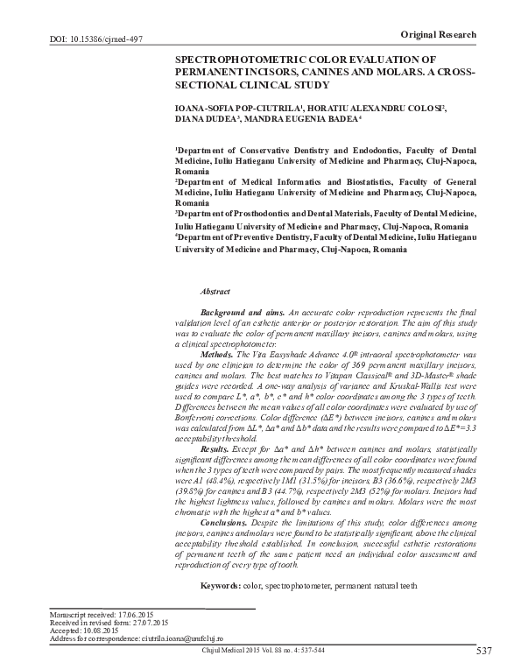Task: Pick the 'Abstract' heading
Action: point(215,290)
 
